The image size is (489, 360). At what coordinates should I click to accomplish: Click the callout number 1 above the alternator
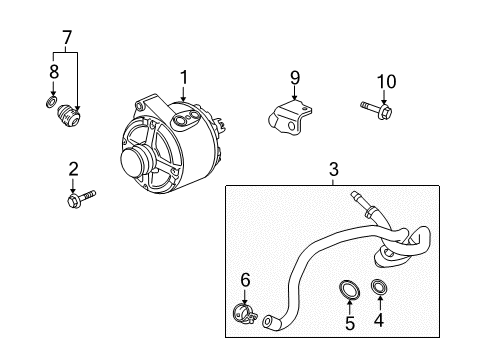click(183, 76)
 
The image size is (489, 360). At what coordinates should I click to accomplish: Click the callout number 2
click(73, 167)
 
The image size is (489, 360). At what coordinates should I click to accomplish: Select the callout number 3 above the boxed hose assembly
click(333, 171)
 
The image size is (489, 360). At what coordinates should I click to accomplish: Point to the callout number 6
click(243, 282)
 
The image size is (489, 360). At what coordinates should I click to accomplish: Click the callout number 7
click(67, 39)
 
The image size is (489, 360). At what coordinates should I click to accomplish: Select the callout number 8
click(53, 71)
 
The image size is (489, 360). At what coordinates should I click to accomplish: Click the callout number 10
click(386, 81)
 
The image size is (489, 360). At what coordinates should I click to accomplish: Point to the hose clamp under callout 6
click(242, 312)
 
